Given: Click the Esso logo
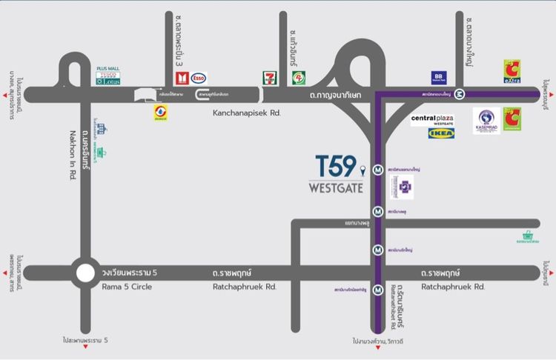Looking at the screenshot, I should coord(199,78).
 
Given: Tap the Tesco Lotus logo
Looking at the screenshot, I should coord(107,78).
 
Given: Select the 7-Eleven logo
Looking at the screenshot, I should coord(270,78).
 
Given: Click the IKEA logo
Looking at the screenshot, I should coord(441,134).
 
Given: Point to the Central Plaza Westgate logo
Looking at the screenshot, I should coord(432,119).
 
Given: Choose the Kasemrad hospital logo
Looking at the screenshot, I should coord(486,121).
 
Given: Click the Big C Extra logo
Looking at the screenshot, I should coord(512,71).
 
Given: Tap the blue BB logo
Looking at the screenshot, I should coord(439,78).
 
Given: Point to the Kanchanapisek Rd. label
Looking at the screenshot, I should coord(241,113).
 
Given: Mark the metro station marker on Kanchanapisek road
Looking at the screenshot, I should coord(460,94).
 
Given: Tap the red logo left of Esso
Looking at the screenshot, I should coord(181,78).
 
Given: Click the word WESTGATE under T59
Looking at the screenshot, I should coord(335,187).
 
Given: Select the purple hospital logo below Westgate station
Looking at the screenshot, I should coord(405,187).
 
